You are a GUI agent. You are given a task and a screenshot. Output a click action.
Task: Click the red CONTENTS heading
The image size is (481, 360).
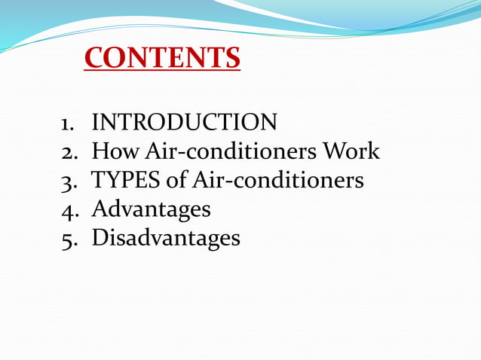coord(162,58)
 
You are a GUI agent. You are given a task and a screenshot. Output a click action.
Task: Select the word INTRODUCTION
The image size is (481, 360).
coord(184,122)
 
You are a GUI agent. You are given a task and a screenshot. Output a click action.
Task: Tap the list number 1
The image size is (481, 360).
coord(66,123)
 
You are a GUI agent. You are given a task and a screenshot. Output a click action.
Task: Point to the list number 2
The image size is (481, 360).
coord(68,152)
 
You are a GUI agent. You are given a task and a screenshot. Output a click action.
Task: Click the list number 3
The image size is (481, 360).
coord(68,182)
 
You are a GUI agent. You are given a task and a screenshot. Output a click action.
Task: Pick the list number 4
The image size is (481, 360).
coord(68,210)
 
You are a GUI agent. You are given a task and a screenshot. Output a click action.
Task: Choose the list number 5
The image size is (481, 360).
coord(68,239)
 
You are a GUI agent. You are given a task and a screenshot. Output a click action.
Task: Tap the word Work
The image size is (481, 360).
coord(351,151)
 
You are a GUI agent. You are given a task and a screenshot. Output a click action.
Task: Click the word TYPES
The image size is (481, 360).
coord(124,181)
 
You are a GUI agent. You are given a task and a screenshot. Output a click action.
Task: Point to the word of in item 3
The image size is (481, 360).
coord(172,181)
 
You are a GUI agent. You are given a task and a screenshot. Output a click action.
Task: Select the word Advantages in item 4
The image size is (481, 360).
coord(151,209)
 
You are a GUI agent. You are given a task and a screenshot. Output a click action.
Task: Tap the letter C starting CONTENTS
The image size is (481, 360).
coord(94,58)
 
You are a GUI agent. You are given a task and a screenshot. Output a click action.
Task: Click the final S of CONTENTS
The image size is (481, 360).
coord(232,58)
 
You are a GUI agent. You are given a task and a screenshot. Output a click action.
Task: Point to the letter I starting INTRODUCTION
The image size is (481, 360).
coord(95,122)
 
